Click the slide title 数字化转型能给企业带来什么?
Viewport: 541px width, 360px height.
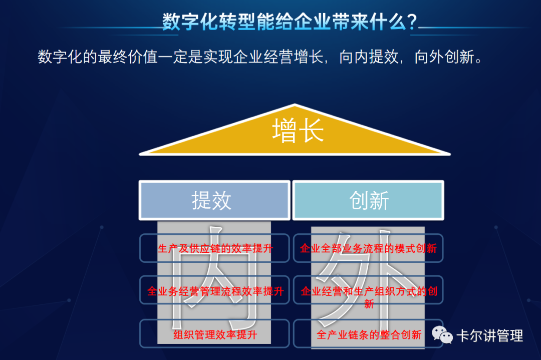(x=289, y=22)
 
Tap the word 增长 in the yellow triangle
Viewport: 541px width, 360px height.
(x=298, y=130)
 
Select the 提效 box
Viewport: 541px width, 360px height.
(x=214, y=200)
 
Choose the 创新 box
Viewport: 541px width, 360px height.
(x=369, y=200)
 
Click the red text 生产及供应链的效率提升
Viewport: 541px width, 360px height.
(x=215, y=248)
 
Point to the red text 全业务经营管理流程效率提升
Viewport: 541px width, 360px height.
(x=215, y=291)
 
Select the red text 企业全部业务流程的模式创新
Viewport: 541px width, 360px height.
(x=368, y=248)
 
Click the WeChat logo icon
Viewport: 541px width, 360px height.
(x=443, y=335)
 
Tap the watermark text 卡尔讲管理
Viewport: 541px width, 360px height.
(x=489, y=335)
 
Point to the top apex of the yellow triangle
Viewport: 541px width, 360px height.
(x=295, y=105)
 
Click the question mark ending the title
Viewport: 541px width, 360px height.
(x=412, y=23)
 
